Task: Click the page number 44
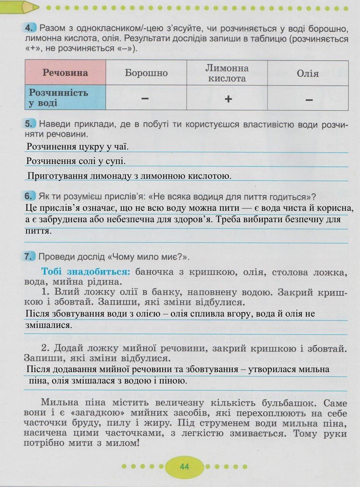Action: point(184,467)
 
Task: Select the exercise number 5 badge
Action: point(30,124)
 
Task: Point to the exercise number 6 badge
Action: point(30,197)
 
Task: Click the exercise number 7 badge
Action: point(30,257)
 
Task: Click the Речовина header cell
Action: point(65,73)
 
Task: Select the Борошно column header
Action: point(146,73)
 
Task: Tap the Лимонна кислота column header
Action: point(227,73)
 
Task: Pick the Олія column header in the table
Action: point(308,73)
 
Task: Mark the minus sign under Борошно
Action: point(145,99)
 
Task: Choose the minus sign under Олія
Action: point(309,100)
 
